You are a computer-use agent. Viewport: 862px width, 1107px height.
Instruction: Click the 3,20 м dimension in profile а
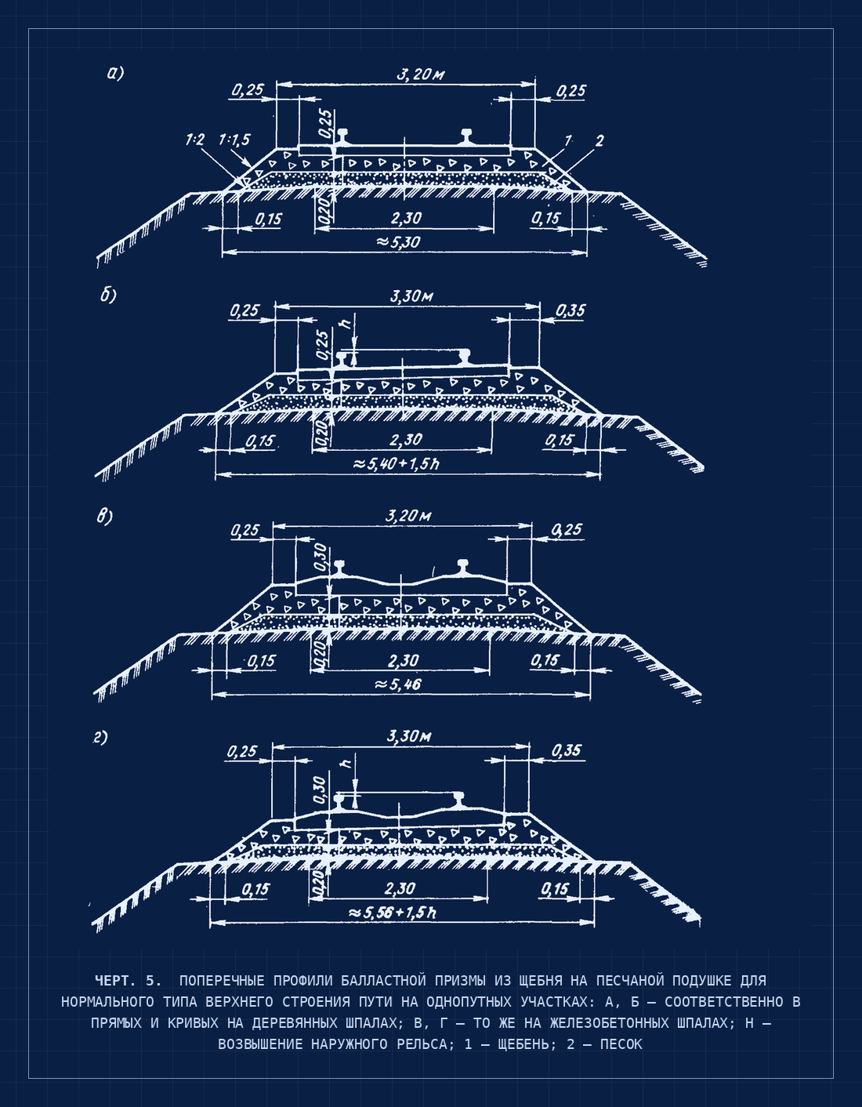421,75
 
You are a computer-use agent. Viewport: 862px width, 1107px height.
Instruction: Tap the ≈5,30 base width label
399,241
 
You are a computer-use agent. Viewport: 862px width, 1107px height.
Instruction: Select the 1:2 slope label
195,139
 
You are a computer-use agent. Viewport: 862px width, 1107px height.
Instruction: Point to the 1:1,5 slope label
234,139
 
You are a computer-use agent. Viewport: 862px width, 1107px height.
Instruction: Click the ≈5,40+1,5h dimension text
396,464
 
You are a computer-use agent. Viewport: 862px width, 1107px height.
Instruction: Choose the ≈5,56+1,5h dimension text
392,913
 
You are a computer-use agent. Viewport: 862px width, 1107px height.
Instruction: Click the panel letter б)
108,295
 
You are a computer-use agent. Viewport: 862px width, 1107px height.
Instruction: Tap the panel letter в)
105,517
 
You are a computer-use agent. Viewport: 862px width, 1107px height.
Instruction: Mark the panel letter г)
100,738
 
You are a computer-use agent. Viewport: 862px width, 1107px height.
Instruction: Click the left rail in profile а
342,136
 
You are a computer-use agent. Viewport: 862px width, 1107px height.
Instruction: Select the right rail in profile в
462,567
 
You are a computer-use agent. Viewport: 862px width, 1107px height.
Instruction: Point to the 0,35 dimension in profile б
570,310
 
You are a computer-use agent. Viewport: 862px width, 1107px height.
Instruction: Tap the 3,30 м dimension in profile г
409,736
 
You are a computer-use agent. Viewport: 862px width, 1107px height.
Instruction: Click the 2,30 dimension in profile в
404,661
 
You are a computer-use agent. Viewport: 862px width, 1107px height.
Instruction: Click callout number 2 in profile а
599,140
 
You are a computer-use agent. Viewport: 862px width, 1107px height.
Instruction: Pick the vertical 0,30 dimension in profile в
321,557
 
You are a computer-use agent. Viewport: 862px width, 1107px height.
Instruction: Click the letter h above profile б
347,322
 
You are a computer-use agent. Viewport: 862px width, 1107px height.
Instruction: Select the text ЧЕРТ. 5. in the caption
128,980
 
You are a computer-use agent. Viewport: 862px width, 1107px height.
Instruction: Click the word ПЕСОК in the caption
621,1044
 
